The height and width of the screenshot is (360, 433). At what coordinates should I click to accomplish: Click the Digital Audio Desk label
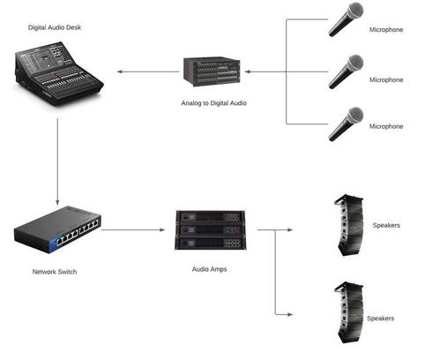(55, 27)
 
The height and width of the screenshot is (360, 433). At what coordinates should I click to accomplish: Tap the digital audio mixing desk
(59, 73)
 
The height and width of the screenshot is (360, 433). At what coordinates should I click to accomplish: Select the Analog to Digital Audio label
(213, 103)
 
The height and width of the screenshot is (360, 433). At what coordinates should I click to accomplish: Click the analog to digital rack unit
(212, 71)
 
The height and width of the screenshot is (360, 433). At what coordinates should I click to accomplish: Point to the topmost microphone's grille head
(355, 11)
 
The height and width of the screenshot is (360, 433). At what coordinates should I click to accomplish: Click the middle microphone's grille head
(355, 63)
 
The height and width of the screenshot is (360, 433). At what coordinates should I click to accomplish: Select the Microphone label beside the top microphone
(386, 30)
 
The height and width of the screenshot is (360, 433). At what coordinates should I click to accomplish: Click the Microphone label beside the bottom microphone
(386, 126)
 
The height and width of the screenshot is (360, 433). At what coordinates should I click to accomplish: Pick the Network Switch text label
(55, 272)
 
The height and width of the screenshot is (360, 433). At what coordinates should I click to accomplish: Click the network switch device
(58, 229)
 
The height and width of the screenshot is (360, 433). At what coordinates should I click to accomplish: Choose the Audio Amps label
(209, 269)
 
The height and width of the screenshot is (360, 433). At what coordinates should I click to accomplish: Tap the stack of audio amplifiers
(211, 230)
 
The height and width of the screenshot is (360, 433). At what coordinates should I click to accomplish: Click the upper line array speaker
(349, 225)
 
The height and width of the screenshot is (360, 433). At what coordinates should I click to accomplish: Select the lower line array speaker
(349, 312)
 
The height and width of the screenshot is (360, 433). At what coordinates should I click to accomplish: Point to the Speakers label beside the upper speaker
(386, 225)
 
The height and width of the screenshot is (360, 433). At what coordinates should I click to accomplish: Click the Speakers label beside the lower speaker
(380, 319)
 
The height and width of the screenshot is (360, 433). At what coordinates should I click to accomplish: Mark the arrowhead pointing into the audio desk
(119, 71)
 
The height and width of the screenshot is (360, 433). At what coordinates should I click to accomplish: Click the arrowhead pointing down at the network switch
(57, 202)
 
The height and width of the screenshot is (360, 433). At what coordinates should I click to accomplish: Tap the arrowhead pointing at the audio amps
(162, 229)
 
